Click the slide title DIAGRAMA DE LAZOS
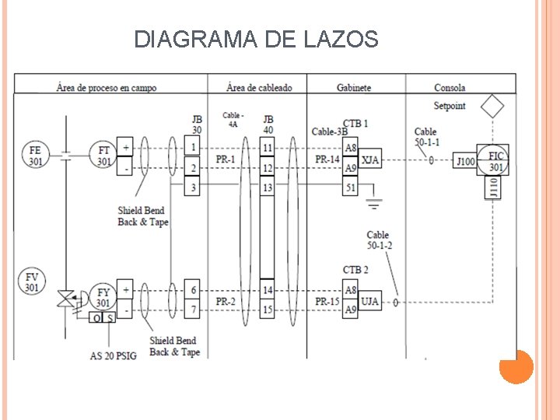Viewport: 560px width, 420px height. tap(256, 39)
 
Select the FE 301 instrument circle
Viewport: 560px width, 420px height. tap(36, 154)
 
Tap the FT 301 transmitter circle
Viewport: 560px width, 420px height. tap(103, 154)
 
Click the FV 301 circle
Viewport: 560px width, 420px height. tap(32, 282)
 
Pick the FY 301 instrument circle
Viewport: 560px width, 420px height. tap(103, 296)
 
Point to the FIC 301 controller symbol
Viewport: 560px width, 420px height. tap(496, 160)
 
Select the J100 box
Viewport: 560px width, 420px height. tap(464, 160)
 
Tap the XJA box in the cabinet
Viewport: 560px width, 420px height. tap(371, 160)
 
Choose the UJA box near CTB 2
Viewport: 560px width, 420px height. tap(371, 301)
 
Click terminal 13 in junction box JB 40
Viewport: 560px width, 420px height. tap(267, 187)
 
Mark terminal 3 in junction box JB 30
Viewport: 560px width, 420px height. tap(193, 187)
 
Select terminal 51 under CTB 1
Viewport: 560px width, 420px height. tap(351, 187)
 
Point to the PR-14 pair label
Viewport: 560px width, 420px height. tap(327, 160)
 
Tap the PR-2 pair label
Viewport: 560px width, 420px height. tap(226, 301)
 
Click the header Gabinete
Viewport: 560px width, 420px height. tap(353, 88)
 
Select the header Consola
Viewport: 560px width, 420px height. tap(450, 88)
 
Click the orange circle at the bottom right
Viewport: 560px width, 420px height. tap(516, 366)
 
